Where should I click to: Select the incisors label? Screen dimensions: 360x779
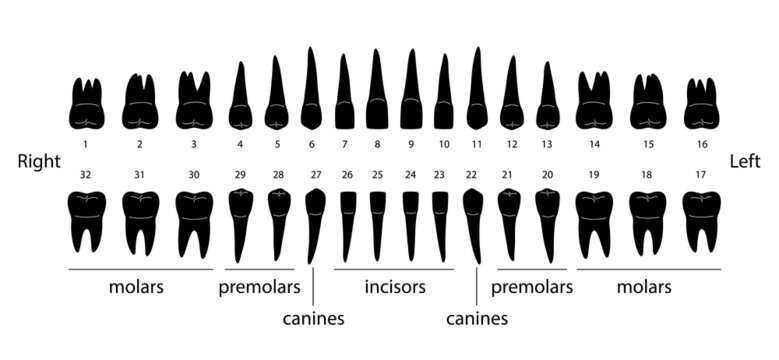coord(395,287)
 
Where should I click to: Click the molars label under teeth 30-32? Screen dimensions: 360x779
coord(137,287)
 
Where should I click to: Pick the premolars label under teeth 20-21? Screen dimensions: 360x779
coord(532,287)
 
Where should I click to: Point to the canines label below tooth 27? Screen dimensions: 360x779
coord(313,319)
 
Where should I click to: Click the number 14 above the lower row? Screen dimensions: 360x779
coord(594,144)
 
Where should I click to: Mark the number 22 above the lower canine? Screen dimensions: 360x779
coord(471,174)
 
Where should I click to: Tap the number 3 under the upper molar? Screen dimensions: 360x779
coord(193,144)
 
